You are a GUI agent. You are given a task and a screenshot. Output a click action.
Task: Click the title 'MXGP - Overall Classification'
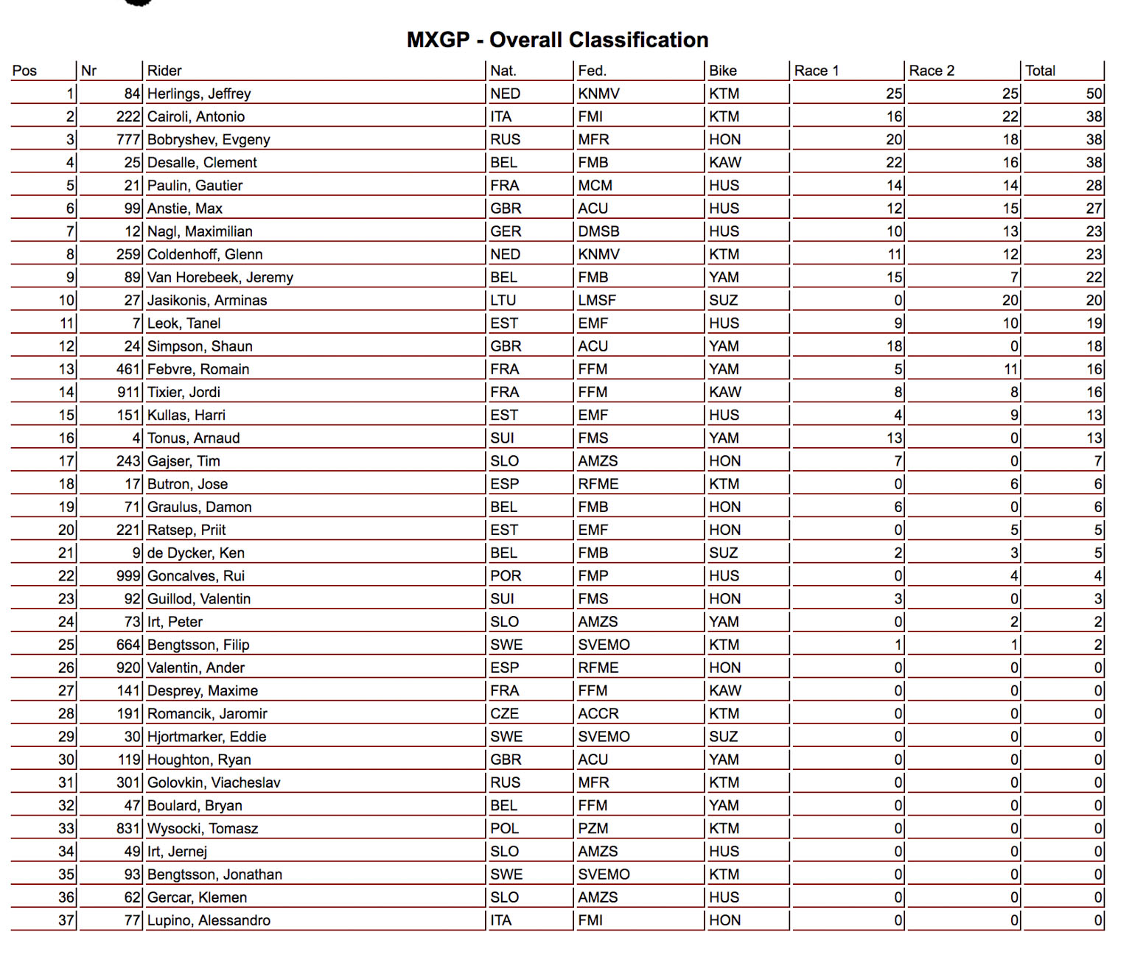(x=557, y=40)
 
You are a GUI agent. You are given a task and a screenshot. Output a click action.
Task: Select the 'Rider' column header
(x=164, y=71)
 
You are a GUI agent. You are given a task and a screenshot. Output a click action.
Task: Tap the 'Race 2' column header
(x=932, y=71)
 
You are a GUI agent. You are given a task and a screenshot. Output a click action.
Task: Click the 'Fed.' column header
(x=592, y=71)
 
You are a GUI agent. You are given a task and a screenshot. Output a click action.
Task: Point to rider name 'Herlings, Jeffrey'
(x=199, y=94)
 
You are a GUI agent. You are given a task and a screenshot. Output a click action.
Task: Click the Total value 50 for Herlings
(x=1094, y=94)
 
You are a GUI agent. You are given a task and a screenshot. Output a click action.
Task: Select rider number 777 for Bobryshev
(x=128, y=139)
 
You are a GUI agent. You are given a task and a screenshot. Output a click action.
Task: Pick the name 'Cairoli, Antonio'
(x=196, y=116)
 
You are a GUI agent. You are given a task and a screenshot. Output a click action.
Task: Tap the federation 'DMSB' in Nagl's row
(x=598, y=231)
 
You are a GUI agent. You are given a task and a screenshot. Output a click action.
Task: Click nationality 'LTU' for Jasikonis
(x=503, y=301)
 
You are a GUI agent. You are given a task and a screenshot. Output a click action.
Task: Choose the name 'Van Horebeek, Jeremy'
(x=220, y=277)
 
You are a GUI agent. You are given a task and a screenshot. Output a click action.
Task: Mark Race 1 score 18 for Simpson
(x=895, y=346)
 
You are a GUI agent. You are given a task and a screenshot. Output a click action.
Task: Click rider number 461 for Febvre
(x=128, y=369)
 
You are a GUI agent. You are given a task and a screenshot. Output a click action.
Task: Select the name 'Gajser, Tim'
(x=184, y=461)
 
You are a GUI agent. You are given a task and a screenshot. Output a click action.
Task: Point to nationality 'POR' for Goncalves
(x=506, y=576)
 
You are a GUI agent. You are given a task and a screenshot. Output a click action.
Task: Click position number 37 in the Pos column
(x=66, y=920)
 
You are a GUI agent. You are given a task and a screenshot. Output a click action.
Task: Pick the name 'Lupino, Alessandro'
(x=209, y=920)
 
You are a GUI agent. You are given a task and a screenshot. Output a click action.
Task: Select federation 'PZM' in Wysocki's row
(x=593, y=829)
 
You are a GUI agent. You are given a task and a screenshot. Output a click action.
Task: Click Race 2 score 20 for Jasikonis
(x=1010, y=301)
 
